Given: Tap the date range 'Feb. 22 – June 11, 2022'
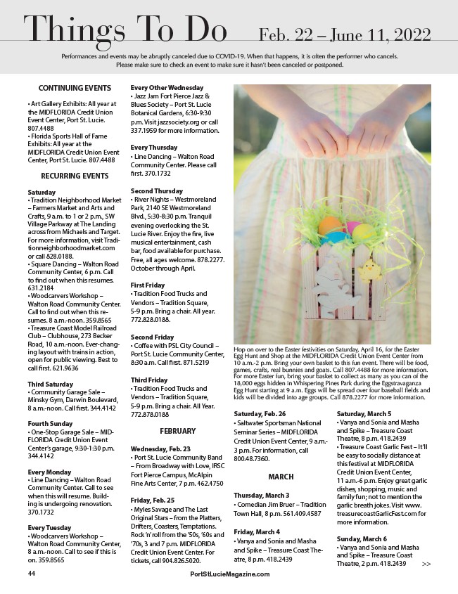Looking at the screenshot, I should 345,34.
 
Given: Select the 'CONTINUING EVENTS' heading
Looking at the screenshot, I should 75,88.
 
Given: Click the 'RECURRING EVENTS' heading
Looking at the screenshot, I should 75,176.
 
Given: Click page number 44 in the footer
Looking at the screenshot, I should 32,574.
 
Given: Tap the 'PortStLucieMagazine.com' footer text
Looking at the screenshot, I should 230,574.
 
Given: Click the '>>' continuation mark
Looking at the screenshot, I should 426,564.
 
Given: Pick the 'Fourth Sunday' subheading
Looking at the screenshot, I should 51,424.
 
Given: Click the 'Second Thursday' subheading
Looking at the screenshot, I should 157,191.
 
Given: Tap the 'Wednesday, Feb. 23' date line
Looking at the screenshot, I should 161,448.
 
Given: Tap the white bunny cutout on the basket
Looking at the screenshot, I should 325,290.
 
